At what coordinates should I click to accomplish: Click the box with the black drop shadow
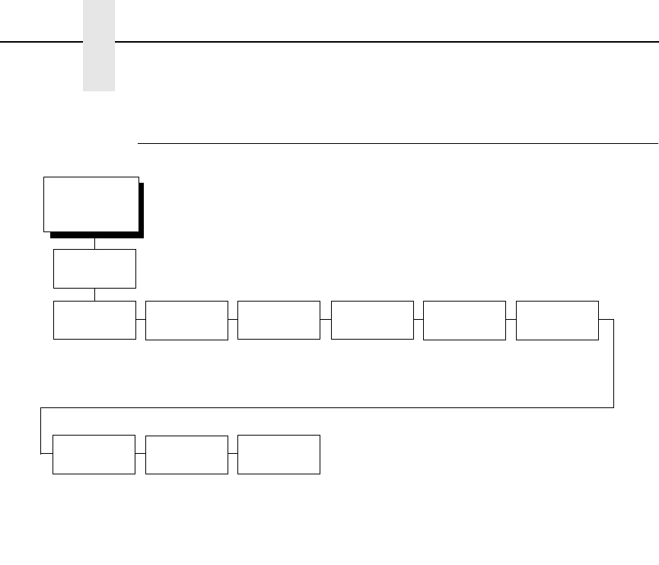91,203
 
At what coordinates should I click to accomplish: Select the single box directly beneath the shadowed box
94,268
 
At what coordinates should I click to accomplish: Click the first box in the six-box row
94,320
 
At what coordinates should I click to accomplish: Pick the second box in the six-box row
186,320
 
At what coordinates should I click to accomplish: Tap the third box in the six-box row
279,320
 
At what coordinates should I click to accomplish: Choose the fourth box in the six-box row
373,320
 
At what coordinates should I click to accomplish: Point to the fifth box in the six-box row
464,320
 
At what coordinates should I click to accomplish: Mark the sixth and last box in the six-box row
557,320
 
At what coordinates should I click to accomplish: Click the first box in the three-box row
94,455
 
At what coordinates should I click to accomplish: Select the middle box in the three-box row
186,455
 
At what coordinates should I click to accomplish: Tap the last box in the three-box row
279,455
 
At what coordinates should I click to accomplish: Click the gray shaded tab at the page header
99,46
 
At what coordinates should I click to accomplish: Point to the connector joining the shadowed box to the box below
94,244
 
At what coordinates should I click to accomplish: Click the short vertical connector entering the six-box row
94,295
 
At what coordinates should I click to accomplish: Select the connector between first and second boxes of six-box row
141,321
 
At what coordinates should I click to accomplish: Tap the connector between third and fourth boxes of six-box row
326,321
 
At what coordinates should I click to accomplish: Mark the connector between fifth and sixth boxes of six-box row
511,321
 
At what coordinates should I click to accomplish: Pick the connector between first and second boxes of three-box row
140,455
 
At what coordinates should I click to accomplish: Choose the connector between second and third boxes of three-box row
233,455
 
